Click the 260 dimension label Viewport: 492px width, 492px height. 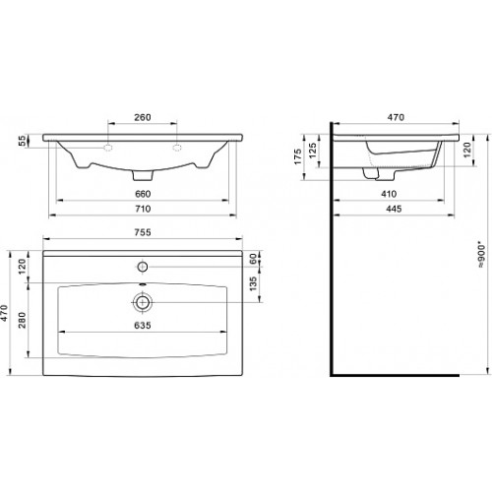[143, 117]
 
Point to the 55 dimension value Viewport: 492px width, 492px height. [22, 141]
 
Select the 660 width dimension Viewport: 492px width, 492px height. [143, 194]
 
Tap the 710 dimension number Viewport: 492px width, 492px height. [143, 209]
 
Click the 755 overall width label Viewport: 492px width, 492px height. [143, 232]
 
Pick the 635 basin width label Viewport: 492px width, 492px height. [143, 325]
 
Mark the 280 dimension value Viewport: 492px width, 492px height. [22, 320]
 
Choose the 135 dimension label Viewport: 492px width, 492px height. [253, 284]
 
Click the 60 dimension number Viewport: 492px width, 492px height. [253, 259]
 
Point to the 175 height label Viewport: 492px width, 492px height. [297, 156]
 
